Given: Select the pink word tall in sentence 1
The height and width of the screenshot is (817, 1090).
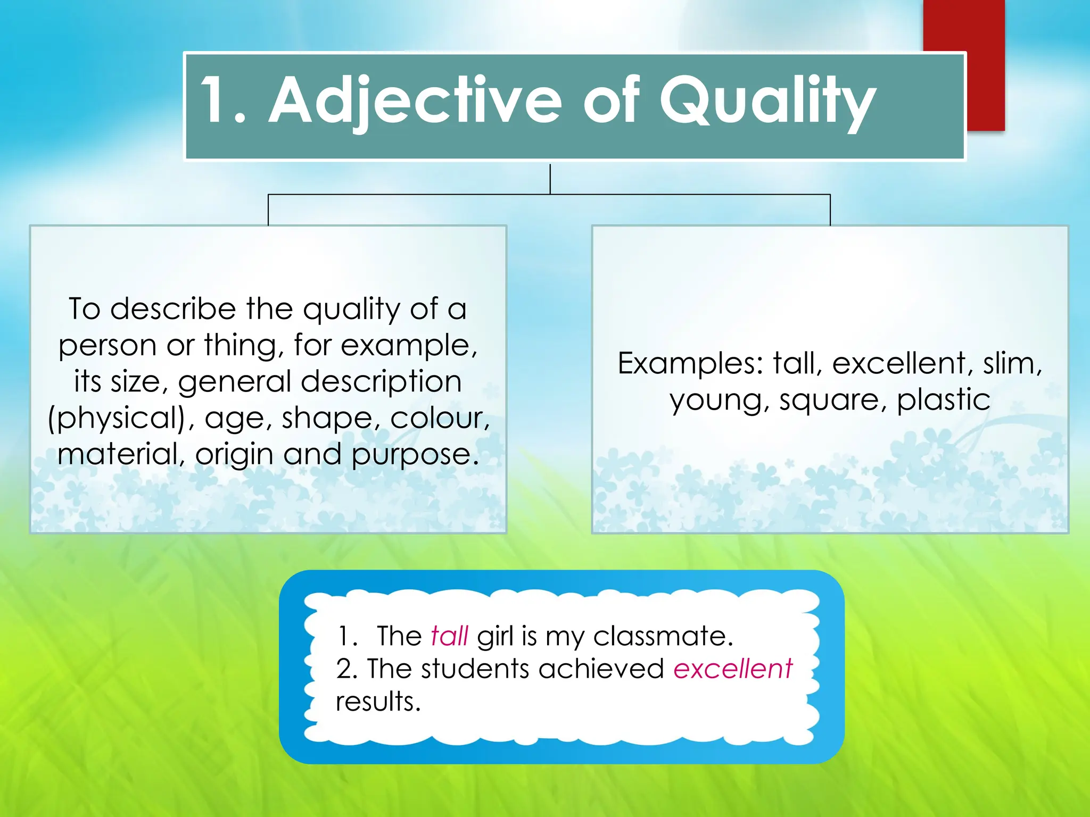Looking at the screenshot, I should click(449, 636).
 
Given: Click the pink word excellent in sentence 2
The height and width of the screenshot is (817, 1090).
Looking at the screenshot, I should click(732, 669).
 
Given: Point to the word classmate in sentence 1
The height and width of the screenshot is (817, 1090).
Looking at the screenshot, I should click(663, 636).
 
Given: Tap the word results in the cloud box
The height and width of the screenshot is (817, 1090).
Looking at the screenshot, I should click(378, 702).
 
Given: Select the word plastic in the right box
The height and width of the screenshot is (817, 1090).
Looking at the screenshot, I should click(943, 400).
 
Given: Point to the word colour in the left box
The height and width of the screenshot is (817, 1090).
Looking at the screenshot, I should click(439, 419).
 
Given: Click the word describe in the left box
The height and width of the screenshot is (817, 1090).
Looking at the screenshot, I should click(173, 309).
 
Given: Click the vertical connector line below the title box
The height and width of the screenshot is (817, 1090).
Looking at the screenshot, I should click(550, 179).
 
